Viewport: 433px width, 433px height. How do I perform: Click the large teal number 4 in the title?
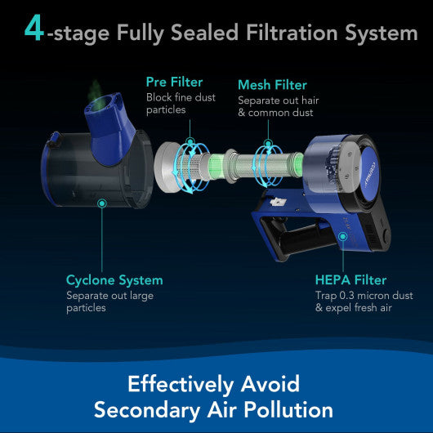pyautogui.click(x=34, y=28)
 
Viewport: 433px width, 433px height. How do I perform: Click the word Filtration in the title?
pyautogui.click(x=292, y=33)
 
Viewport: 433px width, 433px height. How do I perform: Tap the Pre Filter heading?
pyautogui.click(x=174, y=82)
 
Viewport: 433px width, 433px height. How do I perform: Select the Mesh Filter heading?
pyautogui.click(x=272, y=85)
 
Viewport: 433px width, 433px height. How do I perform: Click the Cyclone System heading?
pyautogui.click(x=114, y=280)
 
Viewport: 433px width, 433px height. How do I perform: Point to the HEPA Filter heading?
pyautogui.click(x=350, y=280)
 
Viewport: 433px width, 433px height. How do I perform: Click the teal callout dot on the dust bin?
pyautogui.click(x=102, y=203)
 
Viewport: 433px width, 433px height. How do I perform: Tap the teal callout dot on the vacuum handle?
pyautogui.click(x=343, y=236)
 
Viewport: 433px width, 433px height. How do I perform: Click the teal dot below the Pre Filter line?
pyautogui.click(x=190, y=142)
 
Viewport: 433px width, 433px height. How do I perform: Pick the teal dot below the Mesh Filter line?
pyautogui.click(x=268, y=144)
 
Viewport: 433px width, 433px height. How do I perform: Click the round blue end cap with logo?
pyautogui.click(x=369, y=171)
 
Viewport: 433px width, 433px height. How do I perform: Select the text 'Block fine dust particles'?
pyautogui.click(x=181, y=104)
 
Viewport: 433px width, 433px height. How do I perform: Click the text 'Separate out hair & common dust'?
pyautogui.click(x=279, y=106)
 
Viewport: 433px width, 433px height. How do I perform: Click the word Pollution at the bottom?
pyautogui.click(x=288, y=409)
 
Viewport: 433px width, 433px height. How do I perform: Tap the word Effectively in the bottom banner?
pyautogui.click(x=181, y=385)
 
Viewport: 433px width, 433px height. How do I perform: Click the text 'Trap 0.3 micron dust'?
pyautogui.click(x=364, y=296)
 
